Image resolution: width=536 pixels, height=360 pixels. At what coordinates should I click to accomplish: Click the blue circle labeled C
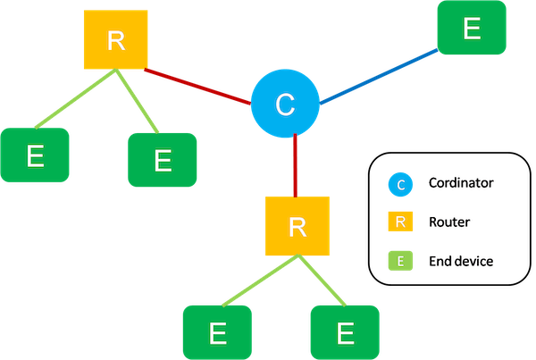(x=284, y=105)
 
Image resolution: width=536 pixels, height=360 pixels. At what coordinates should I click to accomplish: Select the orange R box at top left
(x=114, y=40)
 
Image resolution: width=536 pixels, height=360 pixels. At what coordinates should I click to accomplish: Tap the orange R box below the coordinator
(x=297, y=226)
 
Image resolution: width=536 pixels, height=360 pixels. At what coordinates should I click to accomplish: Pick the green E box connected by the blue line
(x=472, y=30)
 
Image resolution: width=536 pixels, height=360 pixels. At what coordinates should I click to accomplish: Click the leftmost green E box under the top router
(x=35, y=156)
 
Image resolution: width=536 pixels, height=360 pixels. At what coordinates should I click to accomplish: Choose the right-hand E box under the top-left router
(x=162, y=160)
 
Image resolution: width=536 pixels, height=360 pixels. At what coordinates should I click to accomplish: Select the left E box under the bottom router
(x=217, y=332)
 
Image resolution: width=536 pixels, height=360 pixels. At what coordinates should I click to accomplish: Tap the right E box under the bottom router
(x=344, y=332)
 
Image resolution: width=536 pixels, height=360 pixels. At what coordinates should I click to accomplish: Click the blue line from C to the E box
(x=380, y=74)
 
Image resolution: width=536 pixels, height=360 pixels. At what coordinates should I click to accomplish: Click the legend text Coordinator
(x=461, y=184)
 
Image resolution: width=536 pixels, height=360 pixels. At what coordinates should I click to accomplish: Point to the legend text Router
(x=447, y=222)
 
